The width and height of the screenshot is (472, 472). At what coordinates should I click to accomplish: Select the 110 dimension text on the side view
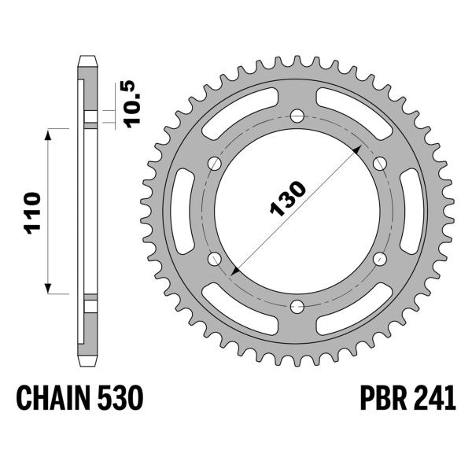tap(31, 212)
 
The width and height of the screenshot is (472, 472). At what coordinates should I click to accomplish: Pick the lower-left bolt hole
tap(213, 259)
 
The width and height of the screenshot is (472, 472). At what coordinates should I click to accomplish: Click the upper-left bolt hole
tap(213, 164)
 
